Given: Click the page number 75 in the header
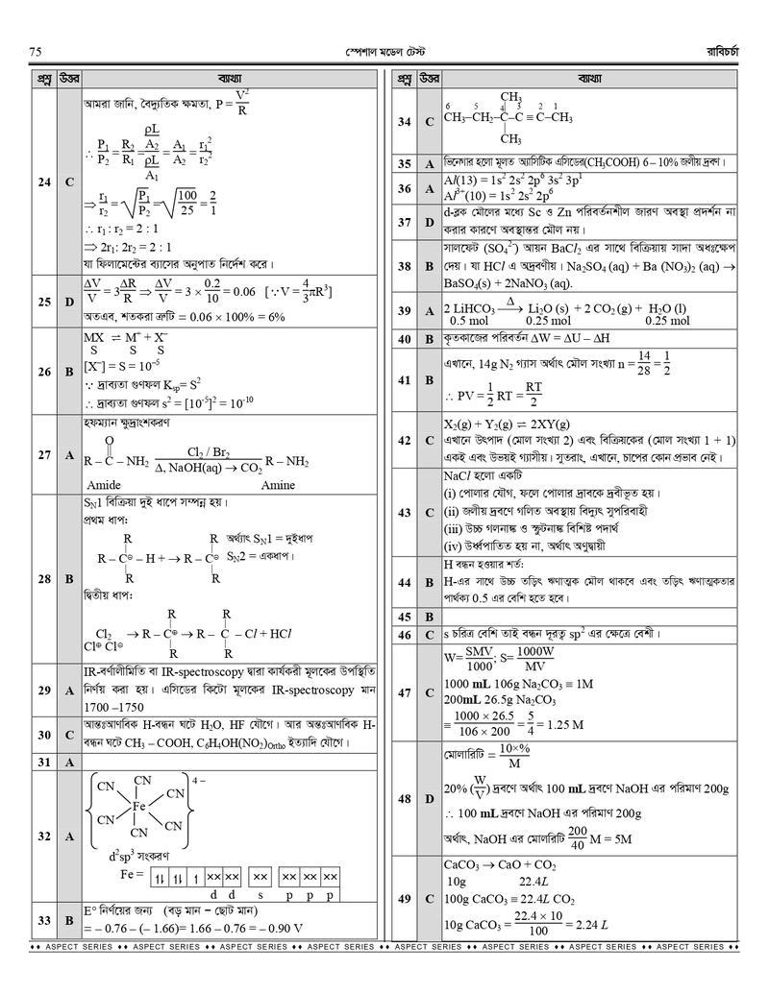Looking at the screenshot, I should (35, 51).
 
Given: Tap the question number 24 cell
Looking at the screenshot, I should (43, 182).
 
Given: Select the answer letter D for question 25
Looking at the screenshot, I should (69, 302).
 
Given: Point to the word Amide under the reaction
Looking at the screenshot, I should (104, 485).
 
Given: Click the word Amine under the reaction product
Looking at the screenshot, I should (278, 485).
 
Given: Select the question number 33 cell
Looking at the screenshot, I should (43, 920).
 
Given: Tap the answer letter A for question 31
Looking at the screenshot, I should (69, 762).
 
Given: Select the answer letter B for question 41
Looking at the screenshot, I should (430, 380).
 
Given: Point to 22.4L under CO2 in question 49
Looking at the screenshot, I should (534, 880).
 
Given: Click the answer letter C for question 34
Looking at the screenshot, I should (430, 122).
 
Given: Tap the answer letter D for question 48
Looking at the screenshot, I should (430, 798).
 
